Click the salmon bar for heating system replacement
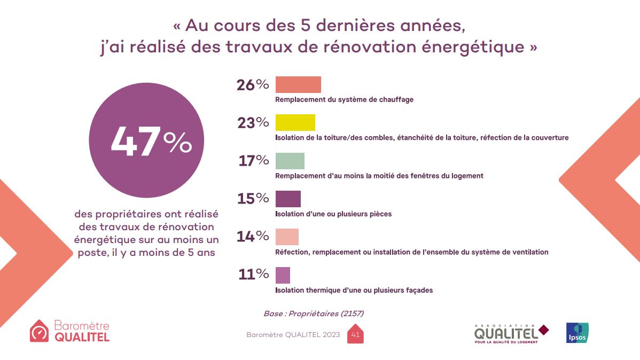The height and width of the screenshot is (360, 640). pyautogui.click(x=298, y=85)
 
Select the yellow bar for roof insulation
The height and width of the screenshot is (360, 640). pyautogui.click(x=295, y=122)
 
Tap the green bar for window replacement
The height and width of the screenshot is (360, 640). pyautogui.click(x=290, y=161)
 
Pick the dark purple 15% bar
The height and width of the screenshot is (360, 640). pyautogui.click(x=288, y=199)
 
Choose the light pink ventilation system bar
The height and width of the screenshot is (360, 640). pyautogui.click(x=287, y=237)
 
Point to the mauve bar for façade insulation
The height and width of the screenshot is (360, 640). pyautogui.click(x=283, y=275)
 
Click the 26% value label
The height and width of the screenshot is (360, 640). pyautogui.click(x=253, y=85)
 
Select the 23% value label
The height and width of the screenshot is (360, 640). pyautogui.click(x=253, y=123)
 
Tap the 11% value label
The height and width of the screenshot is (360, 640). pyautogui.click(x=254, y=275)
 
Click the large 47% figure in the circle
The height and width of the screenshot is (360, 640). pyautogui.click(x=151, y=142)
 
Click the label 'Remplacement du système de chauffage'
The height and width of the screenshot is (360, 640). pyautogui.click(x=344, y=99)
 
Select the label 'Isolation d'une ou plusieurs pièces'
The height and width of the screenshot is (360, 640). pyautogui.click(x=333, y=214)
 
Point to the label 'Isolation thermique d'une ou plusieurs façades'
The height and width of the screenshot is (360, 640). pyautogui.click(x=354, y=290)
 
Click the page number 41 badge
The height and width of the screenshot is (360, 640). pyautogui.click(x=355, y=335)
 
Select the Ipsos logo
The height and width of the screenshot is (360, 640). pyautogui.click(x=577, y=333)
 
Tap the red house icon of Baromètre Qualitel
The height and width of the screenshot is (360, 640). pyautogui.click(x=39, y=331)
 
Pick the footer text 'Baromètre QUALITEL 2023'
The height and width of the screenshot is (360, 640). pyautogui.click(x=293, y=335)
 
